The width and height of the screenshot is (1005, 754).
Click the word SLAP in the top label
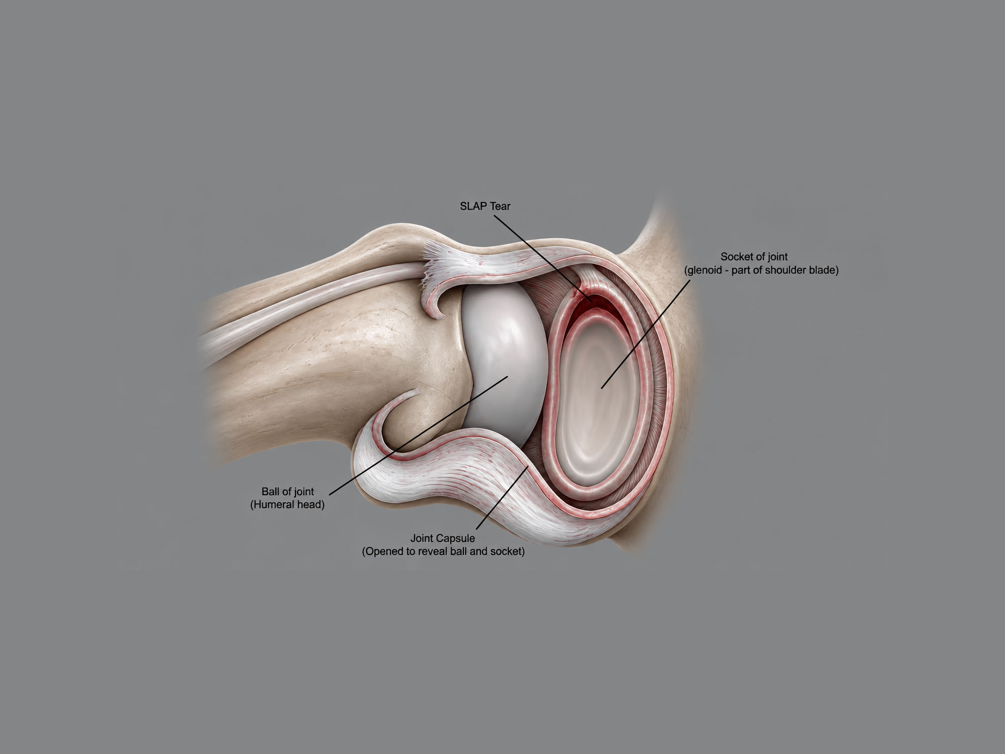[x=473, y=206]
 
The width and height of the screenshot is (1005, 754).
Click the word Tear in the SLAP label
[x=499, y=206]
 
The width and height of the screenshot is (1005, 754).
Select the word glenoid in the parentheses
[x=707, y=270]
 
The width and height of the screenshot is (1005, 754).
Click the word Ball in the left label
[x=270, y=492]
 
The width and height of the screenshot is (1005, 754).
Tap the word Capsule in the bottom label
[x=455, y=538]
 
